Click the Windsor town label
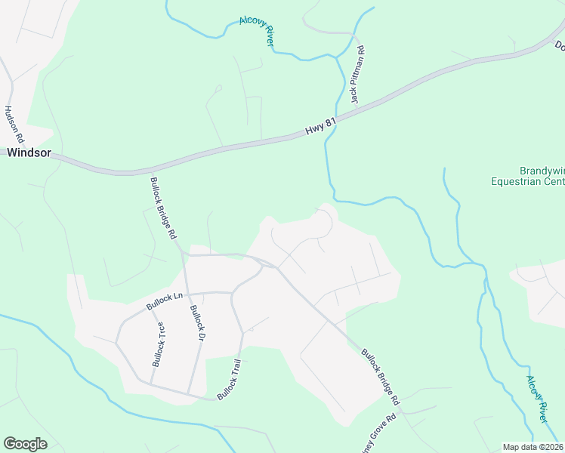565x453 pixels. coord(29,153)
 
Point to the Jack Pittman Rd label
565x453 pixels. coord(357,76)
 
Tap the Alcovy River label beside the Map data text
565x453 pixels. coord(536,399)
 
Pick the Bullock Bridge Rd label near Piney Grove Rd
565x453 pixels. coord(380,374)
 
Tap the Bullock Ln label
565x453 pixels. coord(165,301)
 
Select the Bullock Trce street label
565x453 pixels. coord(159,344)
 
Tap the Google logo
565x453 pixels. coord(25,444)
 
